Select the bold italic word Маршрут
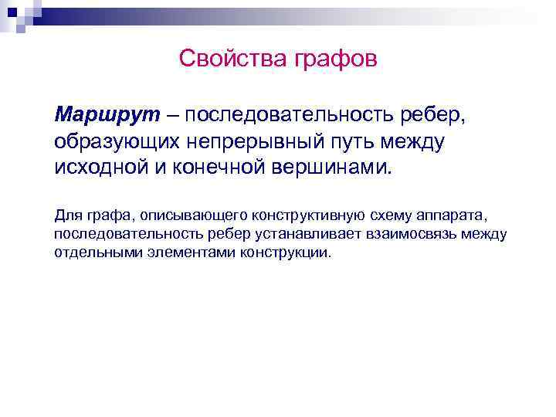click(x=107, y=115)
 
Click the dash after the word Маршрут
click(x=170, y=115)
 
